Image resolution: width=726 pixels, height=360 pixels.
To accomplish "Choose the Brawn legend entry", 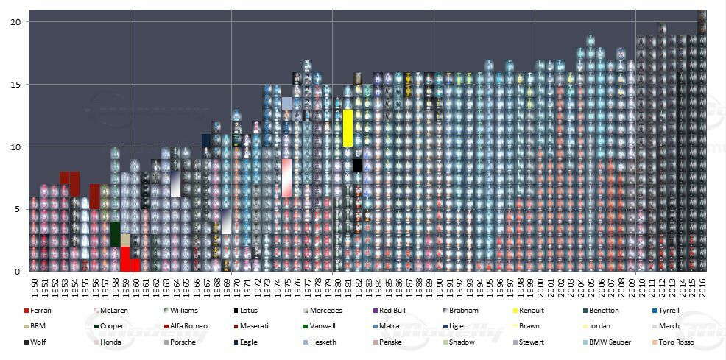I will (x=529, y=326).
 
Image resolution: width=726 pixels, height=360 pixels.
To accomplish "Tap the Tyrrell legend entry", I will (x=669, y=311).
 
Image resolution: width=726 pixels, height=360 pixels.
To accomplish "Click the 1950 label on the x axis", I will (x=34, y=286).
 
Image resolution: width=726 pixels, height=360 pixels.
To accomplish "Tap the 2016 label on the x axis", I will (x=702, y=286).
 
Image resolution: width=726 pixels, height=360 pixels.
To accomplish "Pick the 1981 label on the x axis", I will (x=348, y=286).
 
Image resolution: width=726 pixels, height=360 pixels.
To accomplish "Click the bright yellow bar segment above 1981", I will (x=348, y=128).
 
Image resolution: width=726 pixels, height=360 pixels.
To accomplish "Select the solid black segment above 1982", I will (x=358, y=166).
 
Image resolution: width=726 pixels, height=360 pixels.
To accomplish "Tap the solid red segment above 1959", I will (x=125, y=260).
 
